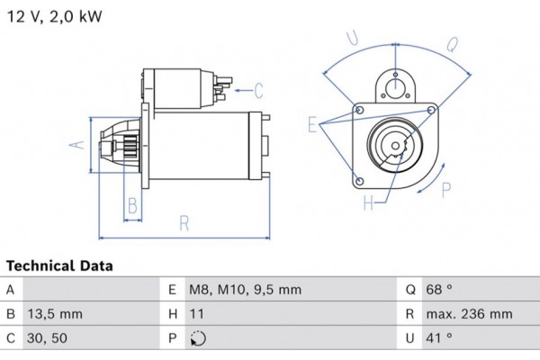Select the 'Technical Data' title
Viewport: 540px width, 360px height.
(60, 266)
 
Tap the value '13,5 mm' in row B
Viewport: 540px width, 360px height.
(56, 314)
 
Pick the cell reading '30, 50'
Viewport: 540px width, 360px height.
(49, 338)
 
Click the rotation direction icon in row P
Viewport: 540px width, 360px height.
(199, 339)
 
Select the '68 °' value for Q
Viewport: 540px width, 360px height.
(441, 290)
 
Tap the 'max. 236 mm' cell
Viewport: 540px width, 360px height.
(470, 314)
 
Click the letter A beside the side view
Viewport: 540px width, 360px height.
(78, 145)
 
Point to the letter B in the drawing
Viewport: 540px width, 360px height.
(132, 206)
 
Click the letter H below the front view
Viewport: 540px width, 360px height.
(368, 203)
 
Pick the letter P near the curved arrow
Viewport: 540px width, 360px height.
(447, 188)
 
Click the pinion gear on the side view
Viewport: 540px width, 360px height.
(125, 145)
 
